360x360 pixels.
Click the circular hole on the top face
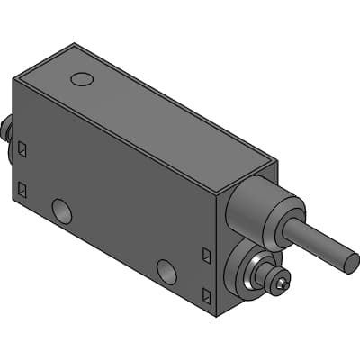coord(82,79)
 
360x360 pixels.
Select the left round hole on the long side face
coord(62,211)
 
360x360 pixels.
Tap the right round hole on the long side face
coord(166,270)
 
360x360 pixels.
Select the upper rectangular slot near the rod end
coord(207,256)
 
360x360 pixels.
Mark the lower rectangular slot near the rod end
coord(207,294)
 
